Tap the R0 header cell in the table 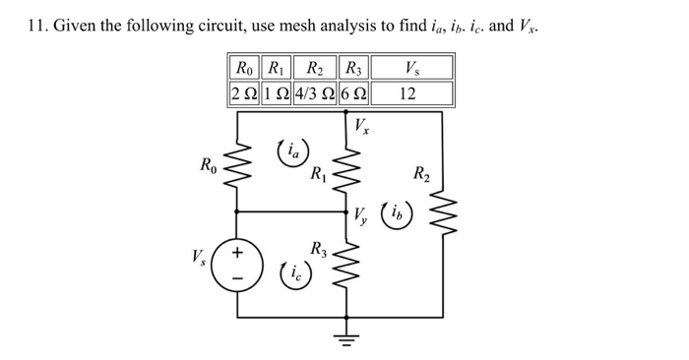[x=241, y=68]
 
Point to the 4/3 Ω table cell [x=312, y=93]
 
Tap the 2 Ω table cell [x=241, y=93]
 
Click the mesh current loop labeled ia [x=292, y=151]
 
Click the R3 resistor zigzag [x=345, y=265]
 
